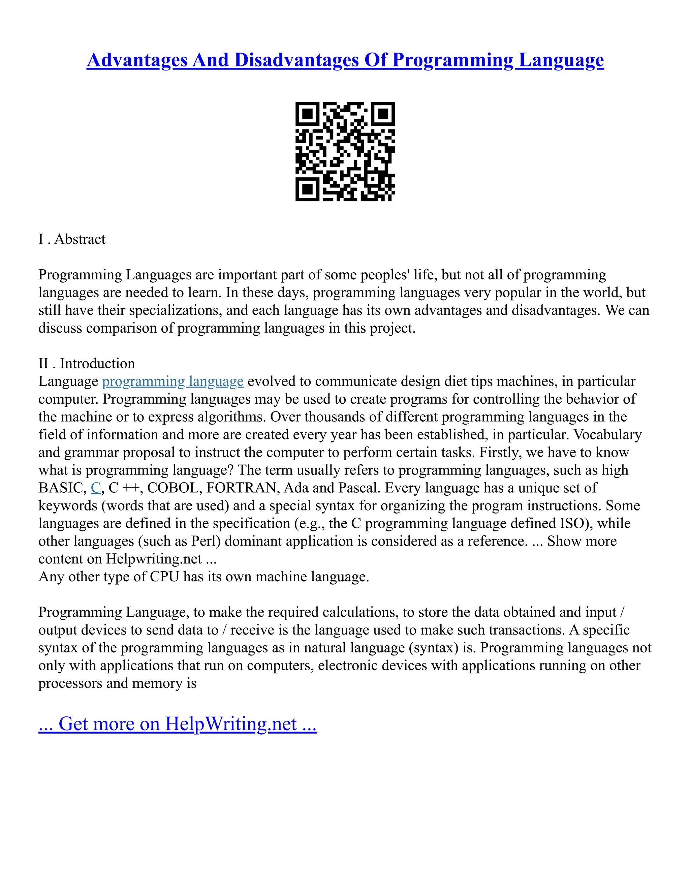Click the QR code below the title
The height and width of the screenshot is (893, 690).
click(345, 152)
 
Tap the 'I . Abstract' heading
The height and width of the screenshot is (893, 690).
click(72, 239)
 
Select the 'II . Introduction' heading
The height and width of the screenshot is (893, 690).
click(87, 364)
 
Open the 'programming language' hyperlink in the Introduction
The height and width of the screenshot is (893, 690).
click(172, 381)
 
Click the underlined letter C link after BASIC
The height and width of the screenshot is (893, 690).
click(96, 488)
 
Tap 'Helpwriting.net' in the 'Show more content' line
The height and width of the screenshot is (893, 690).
click(154, 559)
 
